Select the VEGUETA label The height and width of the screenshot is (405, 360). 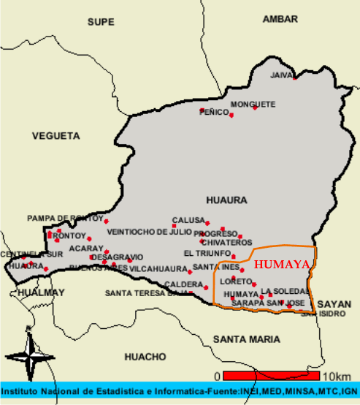tap(55, 136)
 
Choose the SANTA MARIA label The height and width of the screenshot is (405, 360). tap(247, 338)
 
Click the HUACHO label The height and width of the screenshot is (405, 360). tap(145, 357)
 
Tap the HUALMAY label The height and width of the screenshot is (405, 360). tap(41, 292)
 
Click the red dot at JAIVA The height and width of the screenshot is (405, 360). tap(295, 77)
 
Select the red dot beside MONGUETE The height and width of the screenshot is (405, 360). tap(255, 108)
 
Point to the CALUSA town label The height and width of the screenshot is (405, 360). tap(188, 220)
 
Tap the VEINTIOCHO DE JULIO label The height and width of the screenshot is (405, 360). tap(149, 232)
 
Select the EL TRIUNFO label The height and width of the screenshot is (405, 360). tap(207, 253)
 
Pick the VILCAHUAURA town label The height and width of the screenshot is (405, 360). tap(159, 268)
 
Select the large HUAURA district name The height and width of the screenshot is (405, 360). tap(227, 200)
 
